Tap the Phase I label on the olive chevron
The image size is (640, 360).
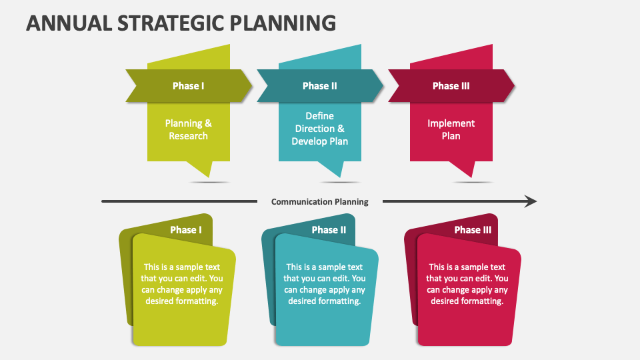[x=188, y=85]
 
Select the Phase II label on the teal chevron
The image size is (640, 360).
[x=319, y=85]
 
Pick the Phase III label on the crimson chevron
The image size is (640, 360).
[x=451, y=85]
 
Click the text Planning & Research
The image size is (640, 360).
[x=188, y=129]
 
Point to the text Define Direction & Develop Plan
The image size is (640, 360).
[x=319, y=129]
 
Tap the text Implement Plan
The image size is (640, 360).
[x=451, y=129]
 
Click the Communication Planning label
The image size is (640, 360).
[x=319, y=201]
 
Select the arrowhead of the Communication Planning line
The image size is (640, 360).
[x=531, y=201]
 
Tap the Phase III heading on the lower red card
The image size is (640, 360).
[x=473, y=230]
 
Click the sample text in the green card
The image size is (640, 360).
[x=182, y=284]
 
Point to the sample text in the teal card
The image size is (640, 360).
[x=325, y=284]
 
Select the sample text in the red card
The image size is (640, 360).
[x=467, y=284]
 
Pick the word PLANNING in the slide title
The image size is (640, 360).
[x=283, y=23]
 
